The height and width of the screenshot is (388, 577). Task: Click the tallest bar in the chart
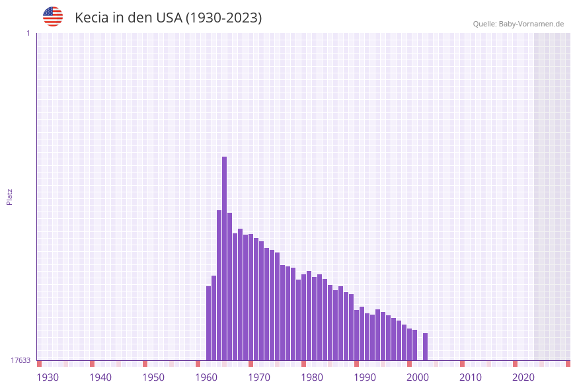(224, 258)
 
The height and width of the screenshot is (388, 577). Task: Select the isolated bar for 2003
(425, 346)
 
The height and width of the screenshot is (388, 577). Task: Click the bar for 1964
(219, 285)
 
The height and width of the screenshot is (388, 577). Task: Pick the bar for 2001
(414, 344)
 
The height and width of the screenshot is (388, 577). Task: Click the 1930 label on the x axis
(48, 377)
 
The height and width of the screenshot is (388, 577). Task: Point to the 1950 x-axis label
(153, 377)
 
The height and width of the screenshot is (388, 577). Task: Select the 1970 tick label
(259, 377)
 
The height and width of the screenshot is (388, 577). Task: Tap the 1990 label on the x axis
(365, 377)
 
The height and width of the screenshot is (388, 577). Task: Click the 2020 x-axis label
(523, 377)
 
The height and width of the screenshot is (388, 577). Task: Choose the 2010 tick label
(471, 377)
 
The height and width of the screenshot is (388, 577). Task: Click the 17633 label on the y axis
(20, 360)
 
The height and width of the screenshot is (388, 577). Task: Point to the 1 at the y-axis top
(28, 33)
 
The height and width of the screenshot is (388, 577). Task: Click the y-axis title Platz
(10, 196)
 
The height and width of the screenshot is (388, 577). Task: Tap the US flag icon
(53, 17)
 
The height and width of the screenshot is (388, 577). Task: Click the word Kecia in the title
(91, 18)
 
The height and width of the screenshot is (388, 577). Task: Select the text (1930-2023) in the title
(223, 18)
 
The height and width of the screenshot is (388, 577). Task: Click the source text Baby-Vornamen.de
(531, 24)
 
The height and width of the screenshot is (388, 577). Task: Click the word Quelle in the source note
(484, 24)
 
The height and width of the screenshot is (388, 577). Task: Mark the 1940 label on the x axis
(100, 377)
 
